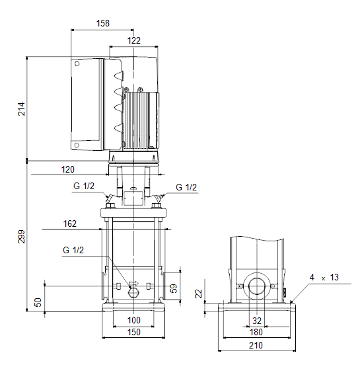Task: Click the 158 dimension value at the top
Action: [103, 23]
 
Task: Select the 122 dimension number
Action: [134, 40]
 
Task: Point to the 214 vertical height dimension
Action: [21, 109]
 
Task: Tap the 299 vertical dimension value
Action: [21, 237]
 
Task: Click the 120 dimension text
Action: [68, 169]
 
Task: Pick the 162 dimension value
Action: [70, 224]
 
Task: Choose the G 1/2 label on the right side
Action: [186, 187]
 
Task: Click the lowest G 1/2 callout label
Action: [73, 250]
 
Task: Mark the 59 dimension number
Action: [174, 289]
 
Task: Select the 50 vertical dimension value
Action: [38, 302]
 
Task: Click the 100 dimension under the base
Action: [134, 320]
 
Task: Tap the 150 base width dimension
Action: [134, 332]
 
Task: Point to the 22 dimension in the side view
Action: [199, 294]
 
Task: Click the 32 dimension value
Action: [257, 321]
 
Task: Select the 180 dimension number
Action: [256, 332]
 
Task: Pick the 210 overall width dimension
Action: [256, 345]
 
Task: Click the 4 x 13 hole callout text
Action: [324, 278]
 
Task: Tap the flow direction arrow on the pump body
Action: [134, 284]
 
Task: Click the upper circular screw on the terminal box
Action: [77, 63]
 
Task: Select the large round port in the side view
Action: [257, 286]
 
